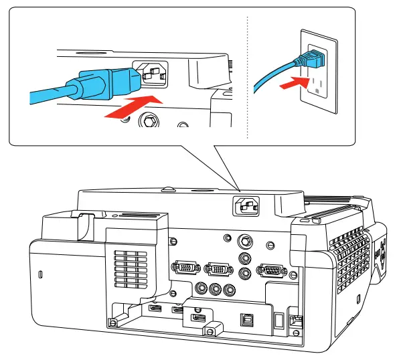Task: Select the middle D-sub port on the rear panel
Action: [216, 268]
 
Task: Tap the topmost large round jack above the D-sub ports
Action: [246, 240]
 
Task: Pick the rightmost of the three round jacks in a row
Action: [230, 290]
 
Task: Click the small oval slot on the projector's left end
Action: [39, 274]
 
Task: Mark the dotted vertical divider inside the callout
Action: [248, 74]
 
